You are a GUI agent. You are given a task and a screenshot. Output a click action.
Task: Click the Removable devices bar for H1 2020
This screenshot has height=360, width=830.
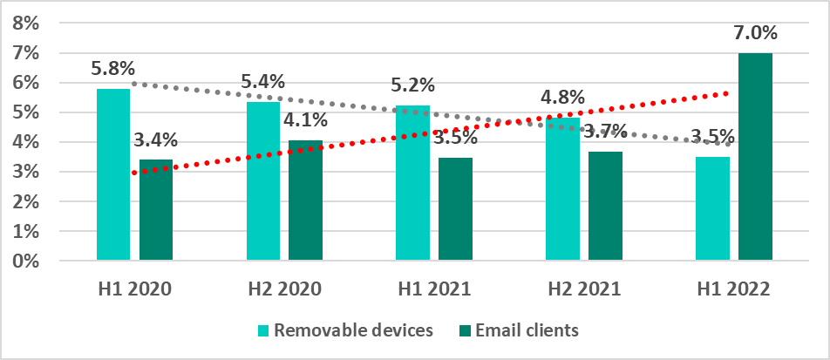point(113,174)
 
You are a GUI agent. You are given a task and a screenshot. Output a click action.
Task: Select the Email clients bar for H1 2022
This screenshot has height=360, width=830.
point(755,157)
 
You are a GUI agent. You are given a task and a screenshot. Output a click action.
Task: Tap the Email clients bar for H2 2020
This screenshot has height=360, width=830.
point(305,200)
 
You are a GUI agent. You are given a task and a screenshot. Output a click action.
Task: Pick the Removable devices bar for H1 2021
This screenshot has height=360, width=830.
point(412,183)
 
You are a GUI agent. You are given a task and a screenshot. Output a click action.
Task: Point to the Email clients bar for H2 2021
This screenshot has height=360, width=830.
point(605,206)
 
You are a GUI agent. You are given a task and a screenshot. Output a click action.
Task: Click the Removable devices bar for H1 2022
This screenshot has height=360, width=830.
point(712,208)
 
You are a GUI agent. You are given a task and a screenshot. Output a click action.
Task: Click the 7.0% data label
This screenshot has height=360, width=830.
point(755,33)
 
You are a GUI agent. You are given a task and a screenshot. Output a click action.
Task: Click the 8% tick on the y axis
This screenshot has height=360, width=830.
point(27,24)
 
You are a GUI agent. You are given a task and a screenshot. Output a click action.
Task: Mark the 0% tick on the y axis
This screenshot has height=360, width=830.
point(27,261)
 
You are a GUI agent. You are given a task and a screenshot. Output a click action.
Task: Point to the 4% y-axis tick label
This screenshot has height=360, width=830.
point(27,142)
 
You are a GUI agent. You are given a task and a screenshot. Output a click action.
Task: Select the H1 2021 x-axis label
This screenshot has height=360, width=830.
point(433,289)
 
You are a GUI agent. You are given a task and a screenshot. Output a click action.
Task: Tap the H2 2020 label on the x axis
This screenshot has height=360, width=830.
point(284,289)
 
